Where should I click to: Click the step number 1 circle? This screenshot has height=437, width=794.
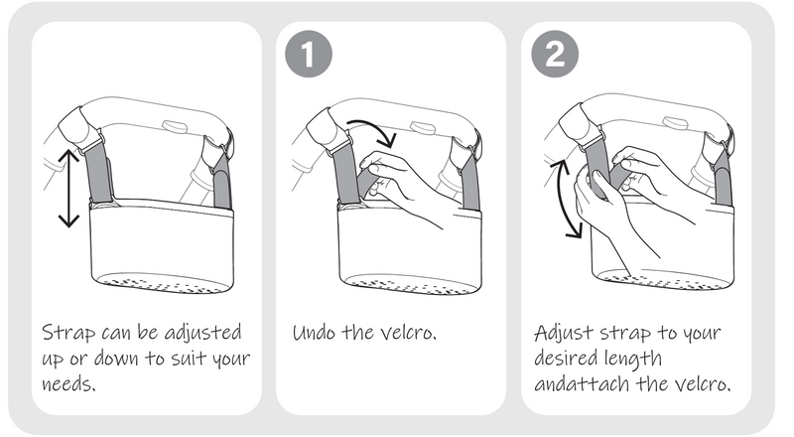pos(309,54)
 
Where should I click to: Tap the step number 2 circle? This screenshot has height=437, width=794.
pos(555,54)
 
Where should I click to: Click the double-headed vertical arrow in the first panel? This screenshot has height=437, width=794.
pos(68,188)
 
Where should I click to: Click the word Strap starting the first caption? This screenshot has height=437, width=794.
pos(68,333)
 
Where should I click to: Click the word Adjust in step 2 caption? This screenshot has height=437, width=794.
pos(564,334)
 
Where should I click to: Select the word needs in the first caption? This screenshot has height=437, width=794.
pos(68,383)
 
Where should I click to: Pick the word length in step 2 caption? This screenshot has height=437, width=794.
pos(635,360)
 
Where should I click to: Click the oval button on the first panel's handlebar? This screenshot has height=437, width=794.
pos(175,126)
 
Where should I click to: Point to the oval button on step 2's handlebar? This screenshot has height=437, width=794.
pos(675,123)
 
